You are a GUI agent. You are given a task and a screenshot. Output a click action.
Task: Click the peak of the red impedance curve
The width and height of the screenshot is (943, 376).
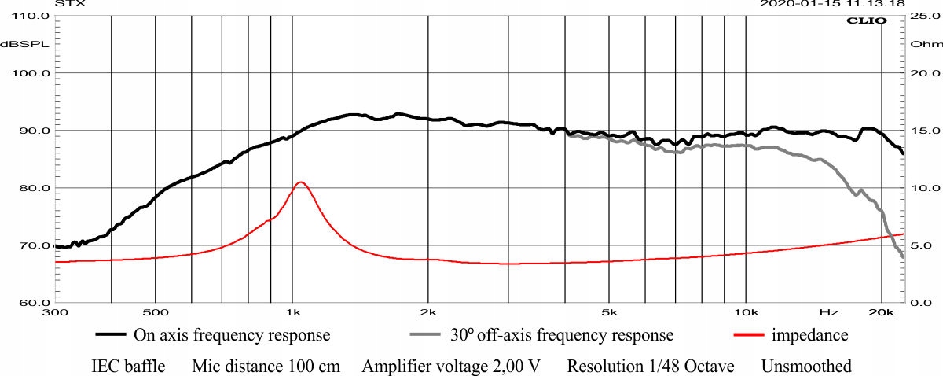pyautogui.click(x=300, y=182)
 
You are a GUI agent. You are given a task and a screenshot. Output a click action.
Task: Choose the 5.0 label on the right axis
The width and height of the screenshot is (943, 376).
pyautogui.click(x=920, y=245)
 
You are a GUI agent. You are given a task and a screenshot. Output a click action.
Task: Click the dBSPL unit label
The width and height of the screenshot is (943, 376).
pyautogui.click(x=24, y=44)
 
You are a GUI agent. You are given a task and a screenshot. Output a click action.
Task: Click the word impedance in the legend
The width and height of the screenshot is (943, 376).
pyautogui.click(x=810, y=335)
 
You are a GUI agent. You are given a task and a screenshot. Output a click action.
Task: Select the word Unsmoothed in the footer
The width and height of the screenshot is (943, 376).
pyautogui.click(x=806, y=367)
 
